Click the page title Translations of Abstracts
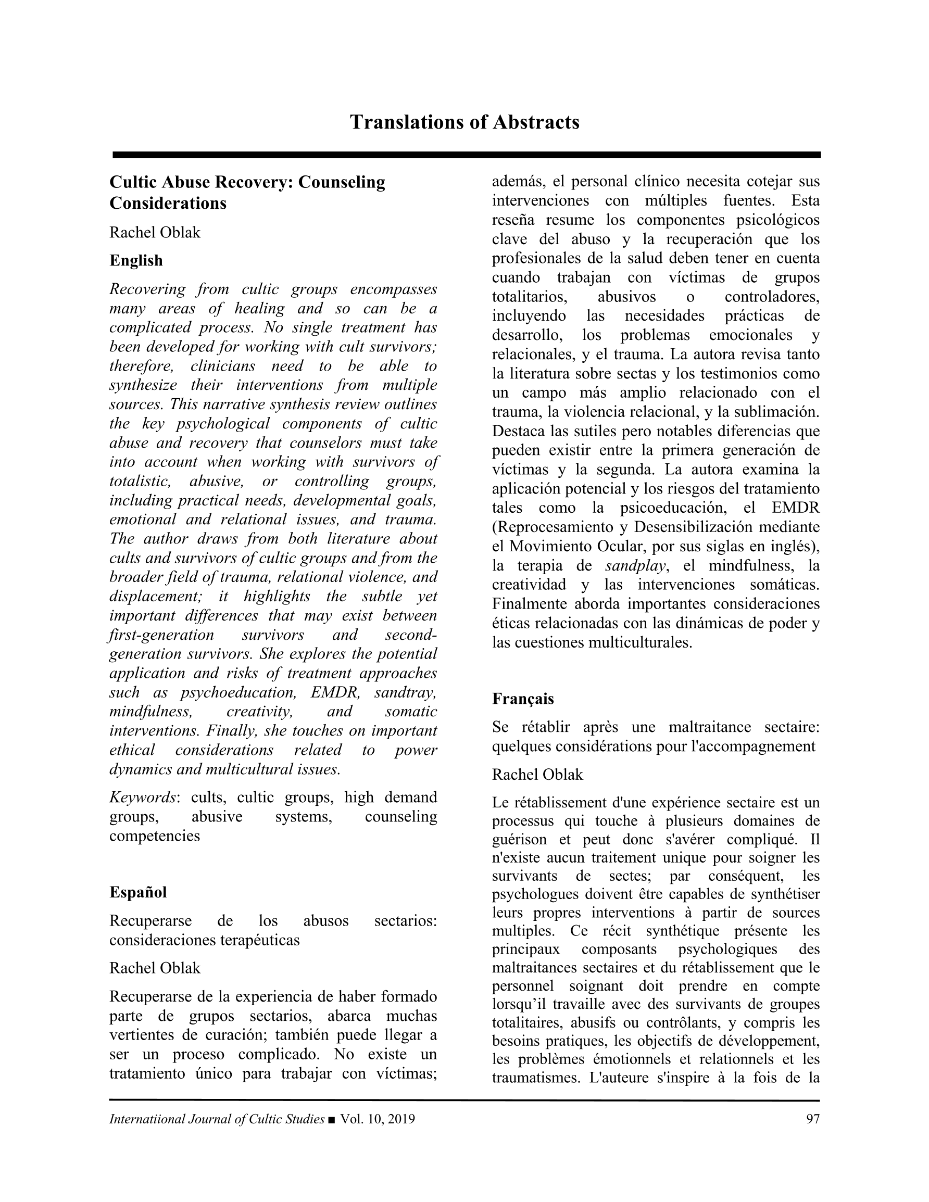click(x=464, y=122)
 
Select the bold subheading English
click(x=136, y=260)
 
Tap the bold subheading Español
click(x=137, y=892)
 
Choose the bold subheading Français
click(x=523, y=699)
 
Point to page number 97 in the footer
click(x=813, y=1119)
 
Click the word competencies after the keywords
click(x=154, y=836)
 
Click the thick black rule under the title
click(x=466, y=155)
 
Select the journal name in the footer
click(x=217, y=1119)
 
